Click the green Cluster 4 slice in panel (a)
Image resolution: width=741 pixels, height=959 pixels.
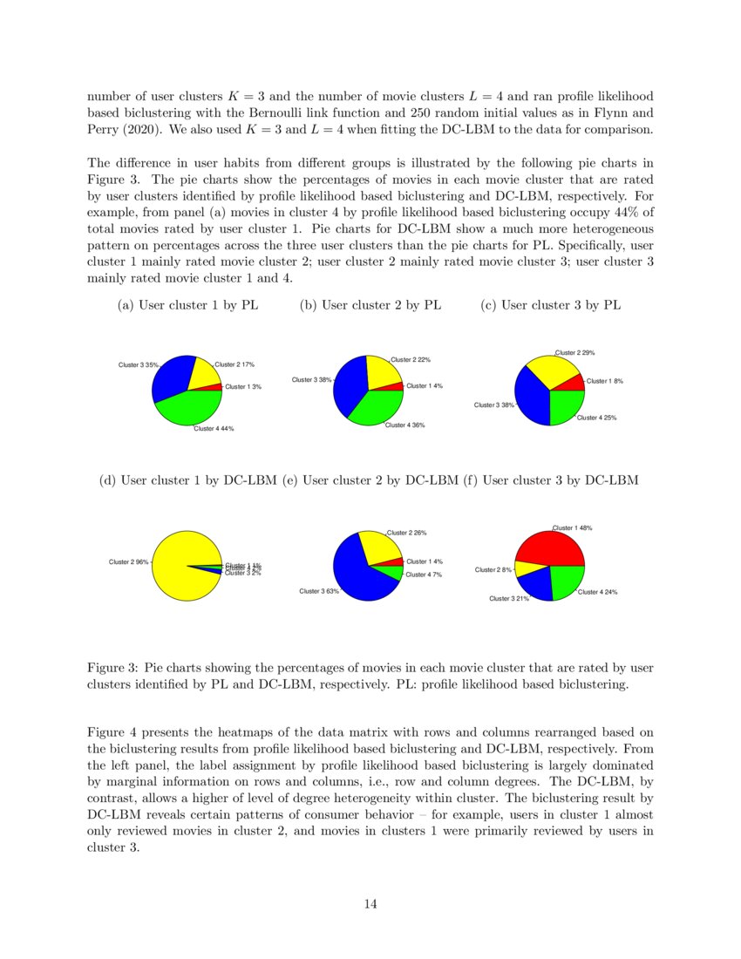pyautogui.click(x=187, y=409)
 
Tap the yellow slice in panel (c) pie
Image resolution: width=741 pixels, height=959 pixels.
pyautogui.click(x=549, y=371)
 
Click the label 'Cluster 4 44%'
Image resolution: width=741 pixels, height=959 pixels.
pyautogui.click(x=214, y=428)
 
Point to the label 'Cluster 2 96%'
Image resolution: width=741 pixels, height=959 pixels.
pyautogui.click(x=128, y=561)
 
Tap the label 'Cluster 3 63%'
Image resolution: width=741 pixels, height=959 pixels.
pyautogui.click(x=318, y=591)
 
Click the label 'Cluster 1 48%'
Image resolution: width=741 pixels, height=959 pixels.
pyautogui.click(x=573, y=527)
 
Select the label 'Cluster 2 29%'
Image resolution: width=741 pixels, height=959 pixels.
pyautogui.click(x=575, y=352)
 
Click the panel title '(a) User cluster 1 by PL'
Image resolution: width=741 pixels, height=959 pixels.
pyautogui.click(x=187, y=305)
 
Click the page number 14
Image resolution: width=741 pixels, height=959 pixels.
pyautogui.click(x=370, y=904)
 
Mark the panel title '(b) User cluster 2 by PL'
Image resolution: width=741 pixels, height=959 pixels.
pyautogui.click(x=370, y=305)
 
